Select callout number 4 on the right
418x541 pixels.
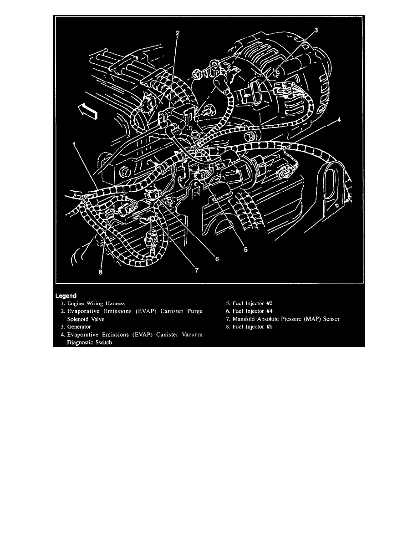click(340, 120)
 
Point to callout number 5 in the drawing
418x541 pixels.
click(246, 249)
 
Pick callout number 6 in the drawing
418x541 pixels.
click(217, 259)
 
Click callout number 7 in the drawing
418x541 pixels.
click(197, 270)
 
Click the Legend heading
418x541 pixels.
click(66, 295)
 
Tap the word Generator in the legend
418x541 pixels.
click(79, 327)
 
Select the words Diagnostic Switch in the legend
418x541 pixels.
click(90, 343)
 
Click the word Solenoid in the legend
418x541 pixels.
click(78, 319)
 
